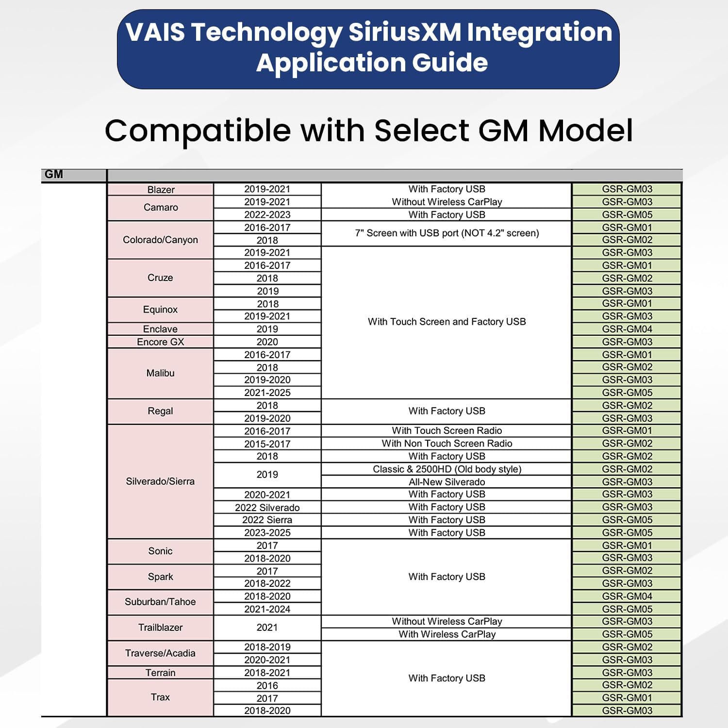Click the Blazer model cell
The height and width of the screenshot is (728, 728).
[x=161, y=190]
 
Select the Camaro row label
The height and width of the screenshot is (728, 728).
[x=161, y=208]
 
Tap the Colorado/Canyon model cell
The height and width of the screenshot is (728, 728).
[x=160, y=240]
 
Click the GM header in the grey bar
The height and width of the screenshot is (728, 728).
[x=54, y=174]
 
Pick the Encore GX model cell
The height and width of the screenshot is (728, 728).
[x=160, y=342]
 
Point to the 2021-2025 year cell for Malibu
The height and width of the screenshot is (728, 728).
[x=267, y=393]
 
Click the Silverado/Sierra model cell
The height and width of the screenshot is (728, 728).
[x=160, y=481]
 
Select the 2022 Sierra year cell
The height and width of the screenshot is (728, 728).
[x=267, y=520]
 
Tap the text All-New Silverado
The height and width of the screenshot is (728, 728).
[x=447, y=482]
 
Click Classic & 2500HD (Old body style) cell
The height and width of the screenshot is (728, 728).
[x=447, y=469]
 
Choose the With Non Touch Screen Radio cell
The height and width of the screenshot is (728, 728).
[x=447, y=444]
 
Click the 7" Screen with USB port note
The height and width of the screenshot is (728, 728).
[x=447, y=233]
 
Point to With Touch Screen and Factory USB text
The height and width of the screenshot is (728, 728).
[x=447, y=322]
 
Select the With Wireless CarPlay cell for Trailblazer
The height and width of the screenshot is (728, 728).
[x=447, y=634]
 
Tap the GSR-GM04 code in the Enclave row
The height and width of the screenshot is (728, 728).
[x=627, y=329]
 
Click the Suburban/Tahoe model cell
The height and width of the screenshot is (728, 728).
[x=160, y=602]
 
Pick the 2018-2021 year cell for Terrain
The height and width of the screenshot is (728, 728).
[x=267, y=673]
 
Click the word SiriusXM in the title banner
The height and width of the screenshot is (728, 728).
[x=404, y=33]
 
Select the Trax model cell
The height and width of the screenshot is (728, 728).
[x=160, y=697]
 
